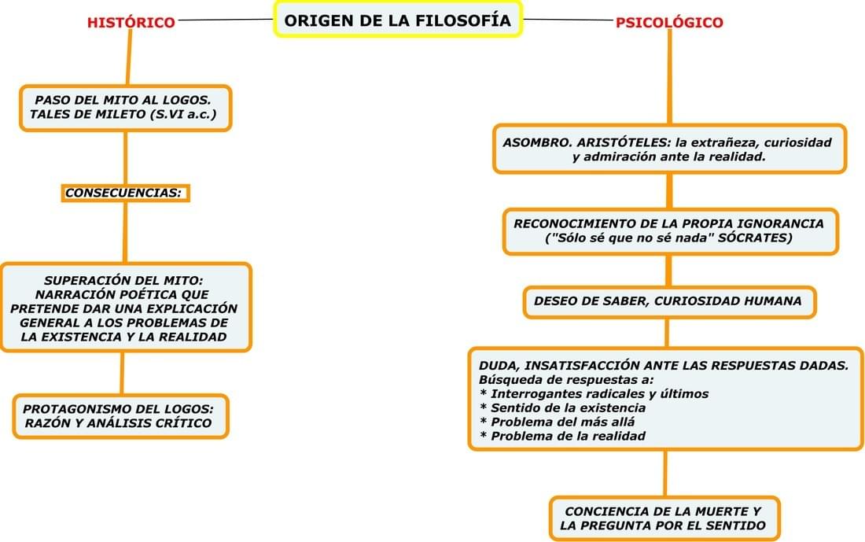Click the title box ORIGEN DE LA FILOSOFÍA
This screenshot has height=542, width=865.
397,20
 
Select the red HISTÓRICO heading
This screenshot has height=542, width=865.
131,23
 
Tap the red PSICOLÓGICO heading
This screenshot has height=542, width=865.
669,23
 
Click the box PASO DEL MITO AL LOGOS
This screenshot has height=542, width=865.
126,109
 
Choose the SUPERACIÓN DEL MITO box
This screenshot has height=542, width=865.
124,308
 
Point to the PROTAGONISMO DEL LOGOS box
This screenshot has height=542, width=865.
120,415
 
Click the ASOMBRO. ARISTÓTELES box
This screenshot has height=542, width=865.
669,148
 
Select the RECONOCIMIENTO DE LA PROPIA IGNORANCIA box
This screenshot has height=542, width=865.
670,231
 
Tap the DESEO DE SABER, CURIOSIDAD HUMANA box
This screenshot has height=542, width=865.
668,301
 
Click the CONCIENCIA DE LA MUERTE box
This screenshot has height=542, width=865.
663,518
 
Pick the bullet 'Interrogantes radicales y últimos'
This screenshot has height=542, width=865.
594,393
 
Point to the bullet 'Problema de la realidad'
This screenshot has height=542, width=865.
562,436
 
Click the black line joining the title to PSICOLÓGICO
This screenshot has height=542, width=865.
569,20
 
